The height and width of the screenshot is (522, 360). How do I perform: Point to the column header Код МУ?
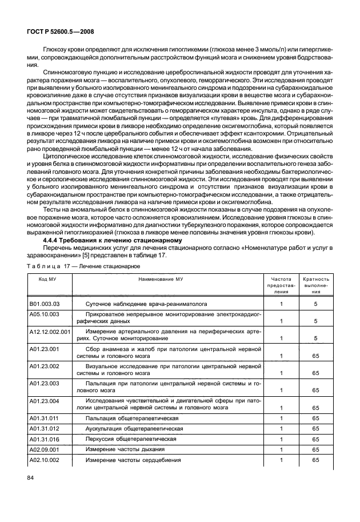click(47, 277)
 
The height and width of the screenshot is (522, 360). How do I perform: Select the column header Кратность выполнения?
click(315, 284)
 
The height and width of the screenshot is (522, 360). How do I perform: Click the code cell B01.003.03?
click(44, 305)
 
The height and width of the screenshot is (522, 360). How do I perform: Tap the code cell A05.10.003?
click(44, 314)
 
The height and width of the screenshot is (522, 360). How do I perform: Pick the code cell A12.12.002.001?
click(50, 331)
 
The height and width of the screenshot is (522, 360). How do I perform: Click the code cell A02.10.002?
click(44, 460)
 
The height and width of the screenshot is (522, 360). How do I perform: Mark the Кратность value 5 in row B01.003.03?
click(315, 305)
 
